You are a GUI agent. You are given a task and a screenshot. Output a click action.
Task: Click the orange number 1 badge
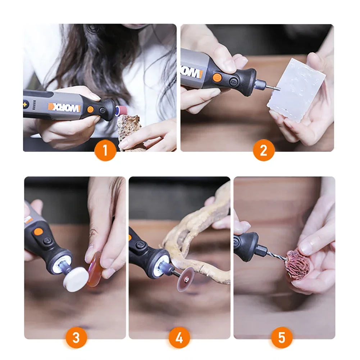point(105,150)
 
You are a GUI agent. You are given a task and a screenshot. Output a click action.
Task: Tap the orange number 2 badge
point(263,150)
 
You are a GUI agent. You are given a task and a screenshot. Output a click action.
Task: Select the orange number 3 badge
point(76,338)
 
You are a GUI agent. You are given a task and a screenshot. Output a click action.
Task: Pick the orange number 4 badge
point(179,338)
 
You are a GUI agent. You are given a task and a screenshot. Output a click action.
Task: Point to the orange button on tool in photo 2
point(217,77)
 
